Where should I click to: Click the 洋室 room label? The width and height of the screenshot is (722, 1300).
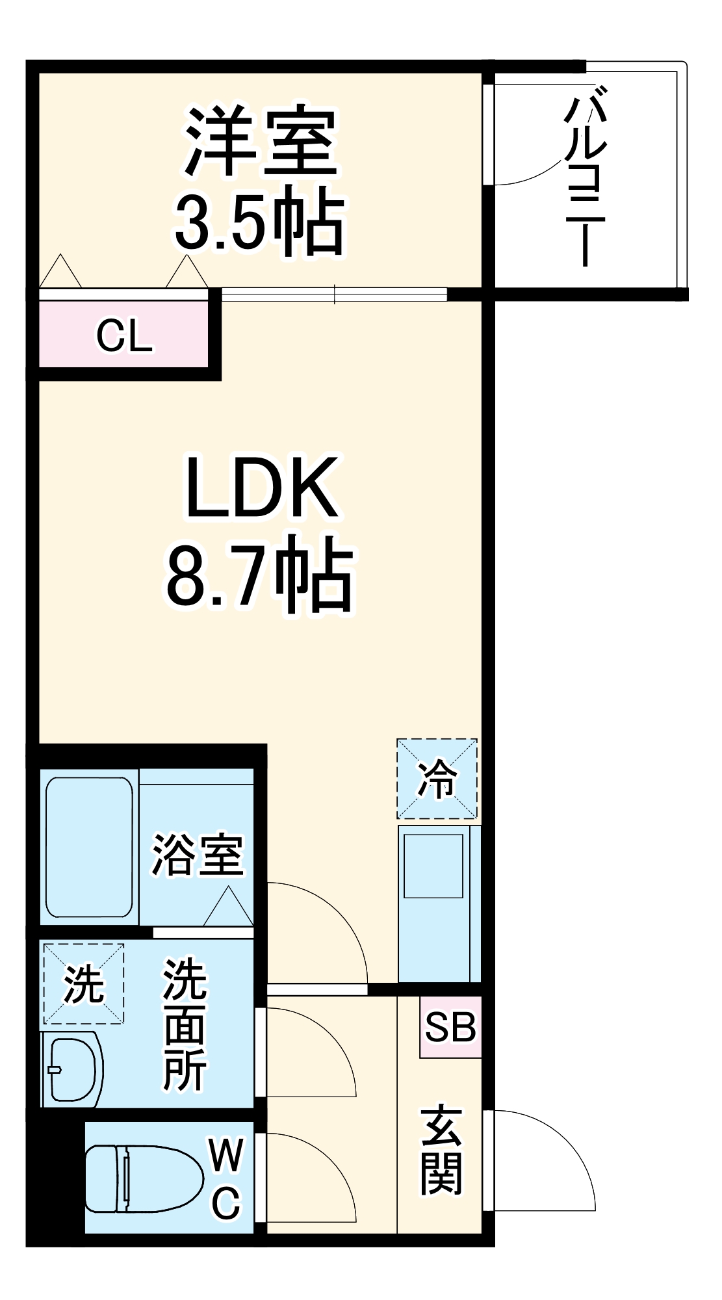click(261, 141)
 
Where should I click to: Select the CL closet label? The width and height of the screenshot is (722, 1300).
click(124, 336)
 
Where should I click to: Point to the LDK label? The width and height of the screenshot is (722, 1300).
click(262, 487)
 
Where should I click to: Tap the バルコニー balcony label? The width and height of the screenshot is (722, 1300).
click(586, 182)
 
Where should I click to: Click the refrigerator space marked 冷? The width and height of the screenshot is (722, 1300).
click(437, 779)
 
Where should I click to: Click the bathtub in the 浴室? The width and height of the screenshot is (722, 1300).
click(90, 847)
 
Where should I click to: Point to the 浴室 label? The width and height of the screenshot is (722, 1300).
click(198, 854)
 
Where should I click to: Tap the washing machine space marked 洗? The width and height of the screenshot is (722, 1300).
click(83, 983)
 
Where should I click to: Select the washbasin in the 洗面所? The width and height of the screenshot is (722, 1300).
click(73, 1069)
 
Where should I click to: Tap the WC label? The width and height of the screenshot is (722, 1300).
click(226, 1178)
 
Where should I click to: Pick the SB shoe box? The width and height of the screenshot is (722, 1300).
click(450, 1027)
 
